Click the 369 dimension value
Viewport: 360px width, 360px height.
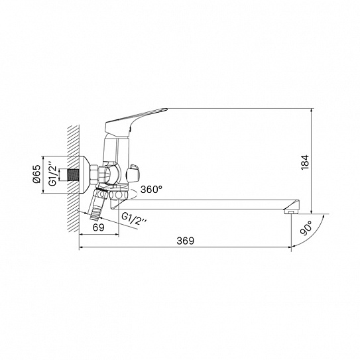[185, 241]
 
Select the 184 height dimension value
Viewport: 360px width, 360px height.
[305, 162]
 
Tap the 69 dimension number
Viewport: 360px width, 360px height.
[99, 227]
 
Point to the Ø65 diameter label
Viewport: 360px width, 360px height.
[36, 174]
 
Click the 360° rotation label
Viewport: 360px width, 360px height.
[151, 190]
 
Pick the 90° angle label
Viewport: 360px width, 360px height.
[306, 228]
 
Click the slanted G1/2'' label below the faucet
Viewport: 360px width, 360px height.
[134, 219]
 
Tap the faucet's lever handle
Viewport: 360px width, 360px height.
[136, 122]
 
